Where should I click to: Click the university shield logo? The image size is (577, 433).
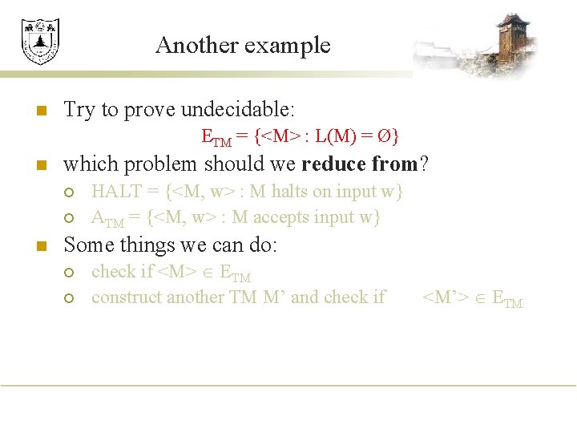[40, 41]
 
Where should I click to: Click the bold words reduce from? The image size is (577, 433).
[360, 164]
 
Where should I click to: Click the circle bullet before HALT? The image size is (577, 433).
[70, 192]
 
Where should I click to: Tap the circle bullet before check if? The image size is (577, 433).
[70, 273]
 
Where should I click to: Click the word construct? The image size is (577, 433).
[124, 297]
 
